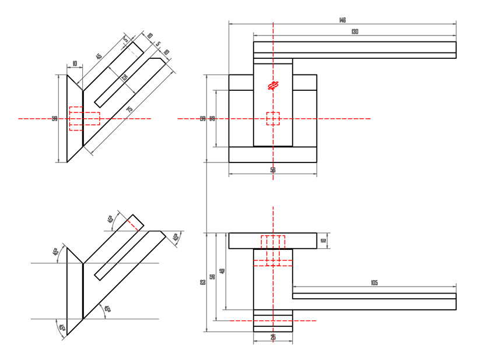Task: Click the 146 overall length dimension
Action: click(x=342, y=20)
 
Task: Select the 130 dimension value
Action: click(x=355, y=31)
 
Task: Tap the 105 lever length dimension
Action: click(x=374, y=283)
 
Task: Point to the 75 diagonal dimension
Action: click(x=129, y=110)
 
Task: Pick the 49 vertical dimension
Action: click(x=222, y=271)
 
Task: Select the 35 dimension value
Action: click(x=212, y=118)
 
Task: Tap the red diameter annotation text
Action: click(x=272, y=86)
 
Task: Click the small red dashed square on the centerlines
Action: click(x=273, y=118)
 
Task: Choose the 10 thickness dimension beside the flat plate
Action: click(x=323, y=241)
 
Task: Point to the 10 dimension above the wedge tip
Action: click(x=75, y=63)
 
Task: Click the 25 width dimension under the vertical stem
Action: click(x=273, y=337)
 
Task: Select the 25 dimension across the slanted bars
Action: click(x=124, y=77)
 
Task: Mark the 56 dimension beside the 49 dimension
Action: click(x=212, y=276)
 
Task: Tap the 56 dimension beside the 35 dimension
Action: click(x=202, y=118)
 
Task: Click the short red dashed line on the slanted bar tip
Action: click(x=134, y=224)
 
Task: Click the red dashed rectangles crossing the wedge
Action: click(x=84, y=118)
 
